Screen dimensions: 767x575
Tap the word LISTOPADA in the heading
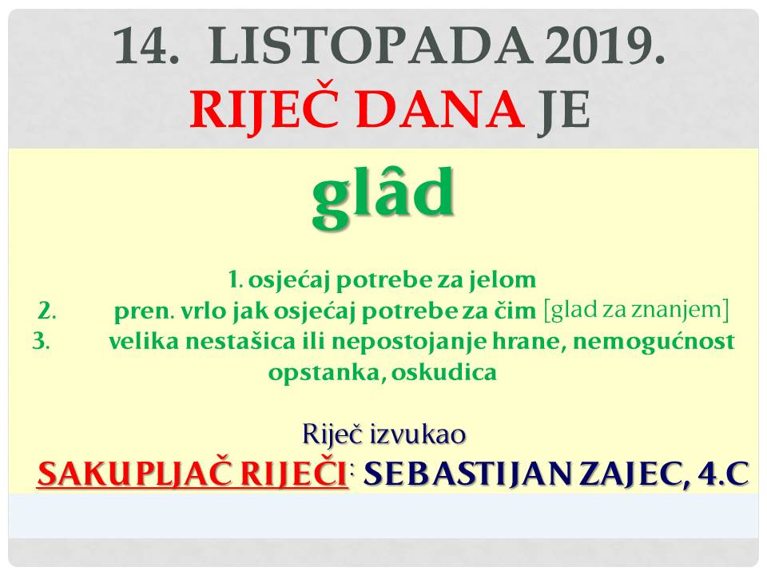click(370, 46)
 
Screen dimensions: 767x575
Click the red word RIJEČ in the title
click(264, 109)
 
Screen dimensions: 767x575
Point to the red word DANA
click(440, 109)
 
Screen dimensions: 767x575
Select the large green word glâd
click(383, 195)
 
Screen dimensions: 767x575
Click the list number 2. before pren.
click(46, 311)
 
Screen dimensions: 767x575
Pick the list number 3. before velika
click(41, 341)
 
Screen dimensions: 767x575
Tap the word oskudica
click(444, 373)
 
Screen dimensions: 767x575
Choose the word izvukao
click(417, 434)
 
